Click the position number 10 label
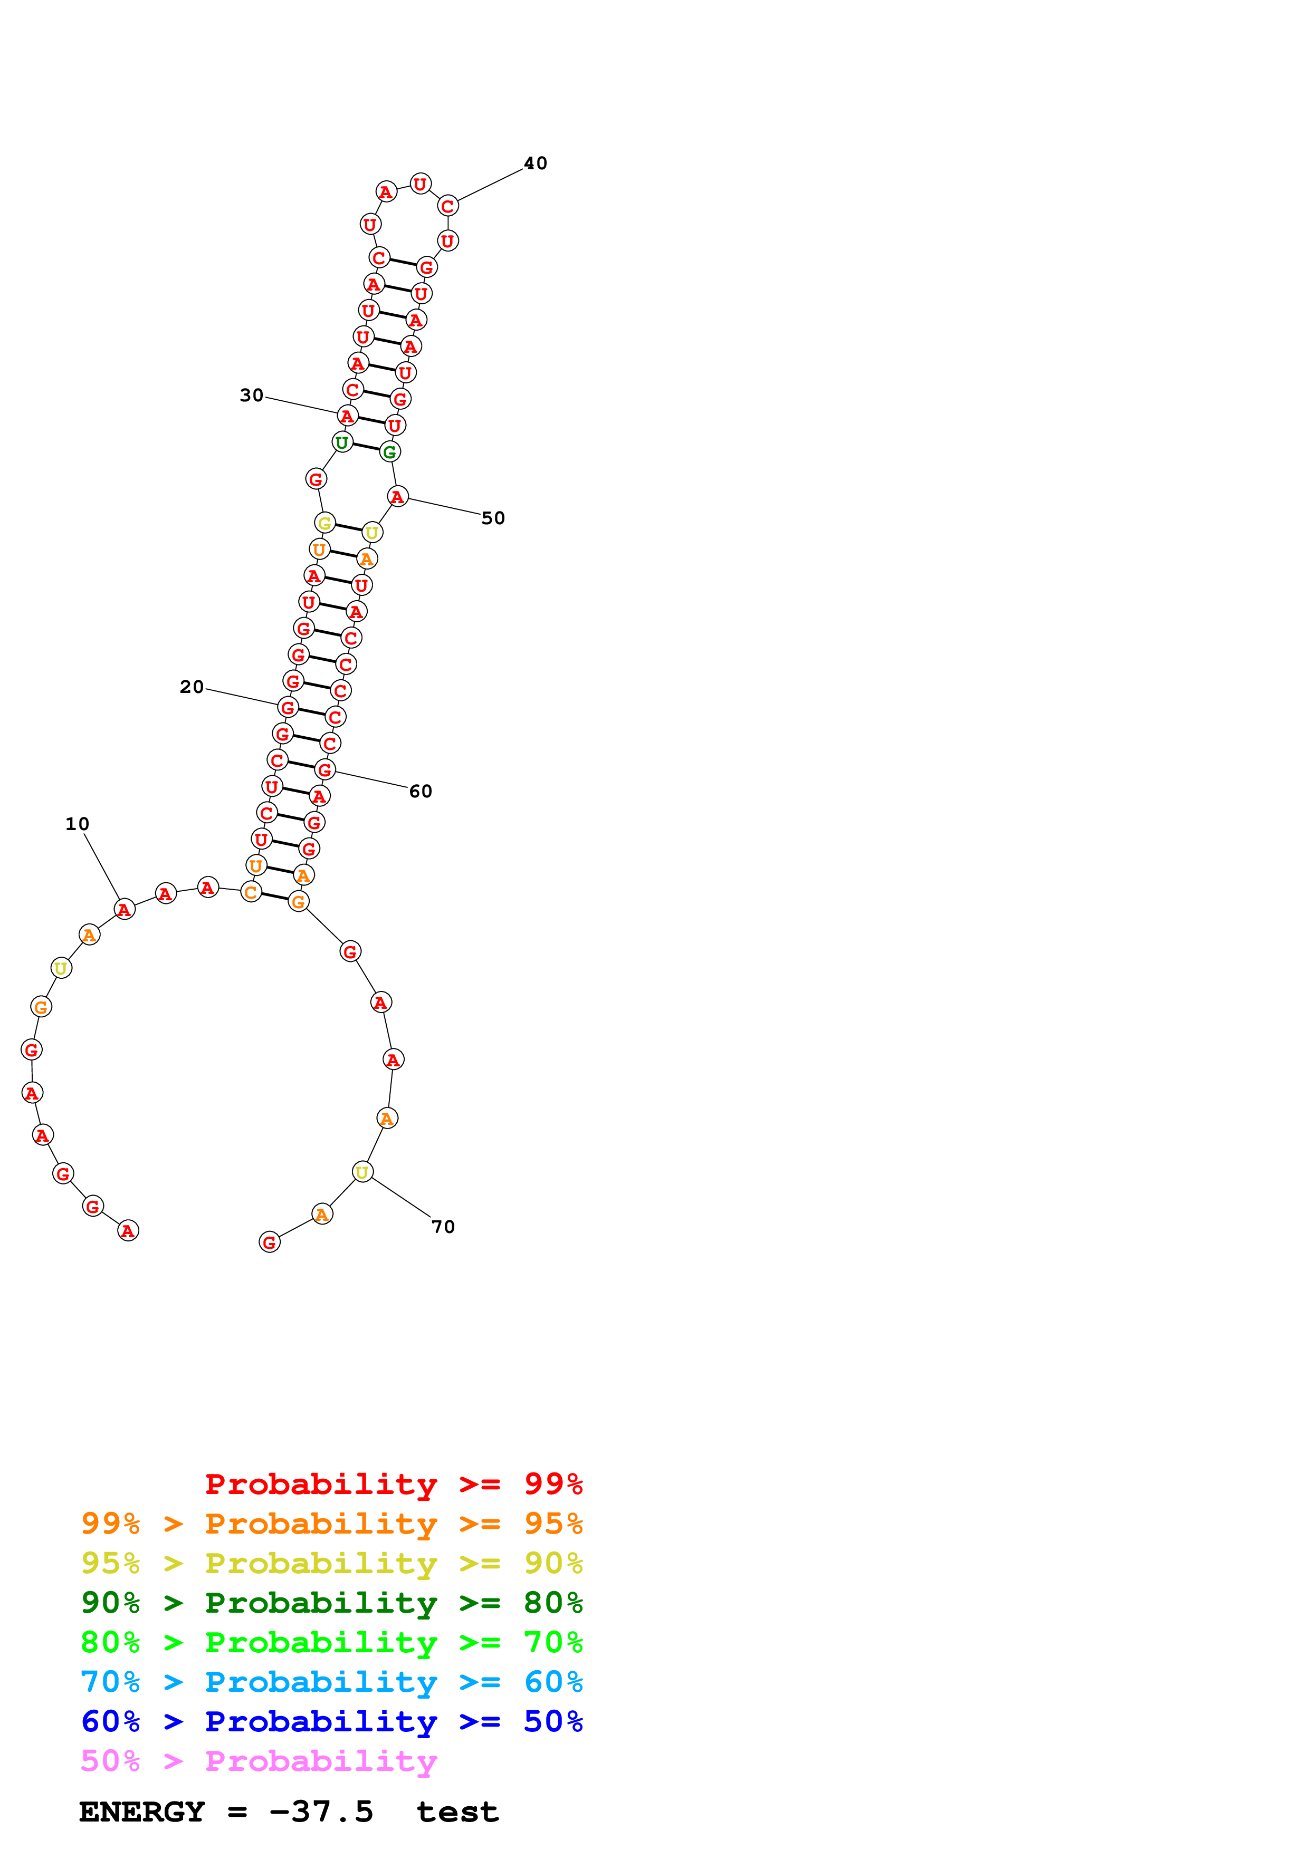pyautogui.click(x=78, y=823)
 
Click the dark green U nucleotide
pyautogui.click(x=342, y=441)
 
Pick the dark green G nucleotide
pyautogui.click(x=390, y=451)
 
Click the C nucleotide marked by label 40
pyautogui.click(x=448, y=206)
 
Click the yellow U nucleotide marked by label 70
pyautogui.click(x=362, y=1172)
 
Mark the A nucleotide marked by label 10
pyautogui.click(x=124, y=910)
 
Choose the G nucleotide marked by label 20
pyautogui.click(x=288, y=707)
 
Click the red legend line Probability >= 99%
pyautogui.click(x=393, y=1483)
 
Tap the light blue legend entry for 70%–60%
pyautogui.click(x=331, y=1682)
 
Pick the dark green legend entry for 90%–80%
pyautogui.click(x=331, y=1603)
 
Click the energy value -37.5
pyautogui.click(x=321, y=1812)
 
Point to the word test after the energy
pyautogui.click(x=457, y=1812)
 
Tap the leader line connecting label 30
pyautogui.click(x=302, y=406)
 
